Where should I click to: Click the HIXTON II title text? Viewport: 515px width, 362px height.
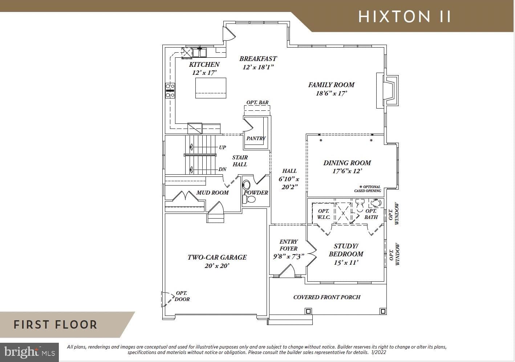tap(405, 17)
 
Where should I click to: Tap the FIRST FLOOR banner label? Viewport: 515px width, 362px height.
tap(56, 325)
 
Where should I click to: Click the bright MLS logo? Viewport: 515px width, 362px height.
tap(29, 352)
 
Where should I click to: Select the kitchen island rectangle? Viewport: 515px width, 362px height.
tap(211, 88)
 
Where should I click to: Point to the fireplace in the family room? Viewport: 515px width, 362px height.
tap(388, 90)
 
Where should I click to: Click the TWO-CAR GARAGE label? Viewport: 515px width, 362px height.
tap(217, 257)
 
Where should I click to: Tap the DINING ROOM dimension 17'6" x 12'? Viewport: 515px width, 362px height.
tap(347, 171)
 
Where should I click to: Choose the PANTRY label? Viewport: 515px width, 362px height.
tap(256, 138)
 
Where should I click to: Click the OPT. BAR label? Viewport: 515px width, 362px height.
tap(257, 102)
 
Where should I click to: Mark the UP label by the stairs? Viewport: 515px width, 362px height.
tap(222, 147)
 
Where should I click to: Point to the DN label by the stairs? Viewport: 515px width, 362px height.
tap(222, 170)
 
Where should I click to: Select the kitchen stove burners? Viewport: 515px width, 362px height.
tap(170, 90)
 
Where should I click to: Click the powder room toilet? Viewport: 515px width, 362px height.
tap(249, 199)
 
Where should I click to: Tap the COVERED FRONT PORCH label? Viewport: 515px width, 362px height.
tap(327, 297)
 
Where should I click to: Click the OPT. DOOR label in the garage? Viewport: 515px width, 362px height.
tap(182, 296)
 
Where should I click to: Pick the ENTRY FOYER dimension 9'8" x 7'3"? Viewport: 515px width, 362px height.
tap(288, 256)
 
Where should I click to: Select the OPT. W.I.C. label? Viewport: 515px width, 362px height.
tap(324, 214)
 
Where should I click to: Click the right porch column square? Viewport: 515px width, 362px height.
tap(383, 312)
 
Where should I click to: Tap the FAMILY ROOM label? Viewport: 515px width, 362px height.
tap(331, 85)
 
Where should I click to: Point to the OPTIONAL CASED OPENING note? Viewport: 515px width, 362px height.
tap(368, 189)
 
